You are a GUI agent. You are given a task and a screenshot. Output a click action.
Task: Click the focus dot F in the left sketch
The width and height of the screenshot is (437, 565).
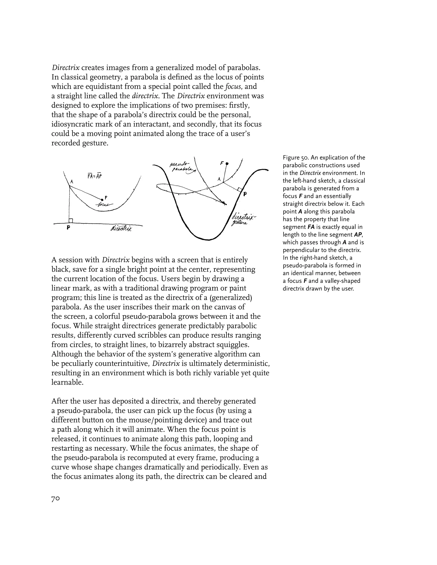(102, 199)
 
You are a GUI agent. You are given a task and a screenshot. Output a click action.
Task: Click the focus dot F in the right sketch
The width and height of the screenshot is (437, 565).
(227, 164)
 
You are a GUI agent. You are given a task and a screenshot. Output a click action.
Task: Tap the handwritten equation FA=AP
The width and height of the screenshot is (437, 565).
(95, 177)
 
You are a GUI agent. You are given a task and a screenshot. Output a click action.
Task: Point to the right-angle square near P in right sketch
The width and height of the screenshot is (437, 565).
(240, 189)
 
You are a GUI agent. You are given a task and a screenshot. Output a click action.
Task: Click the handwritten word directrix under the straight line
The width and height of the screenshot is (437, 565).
(121, 228)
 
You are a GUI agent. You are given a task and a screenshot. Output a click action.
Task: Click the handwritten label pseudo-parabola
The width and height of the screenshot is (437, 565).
(182, 167)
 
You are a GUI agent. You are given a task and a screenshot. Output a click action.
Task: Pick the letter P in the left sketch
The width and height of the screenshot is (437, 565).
(68, 228)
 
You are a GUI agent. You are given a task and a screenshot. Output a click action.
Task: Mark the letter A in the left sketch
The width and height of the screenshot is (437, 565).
(72, 182)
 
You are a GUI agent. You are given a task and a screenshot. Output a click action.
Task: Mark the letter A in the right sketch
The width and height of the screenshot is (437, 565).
(219, 179)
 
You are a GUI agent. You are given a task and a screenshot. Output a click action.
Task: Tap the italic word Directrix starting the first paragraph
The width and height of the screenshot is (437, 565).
(66, 68)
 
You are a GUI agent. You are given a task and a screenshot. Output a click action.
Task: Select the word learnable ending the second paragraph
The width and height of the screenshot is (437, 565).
(67, 382)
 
